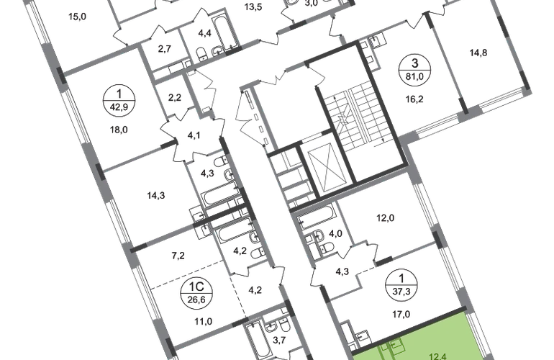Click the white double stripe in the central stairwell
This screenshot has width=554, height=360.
359,115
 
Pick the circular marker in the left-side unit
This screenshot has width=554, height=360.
115,97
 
